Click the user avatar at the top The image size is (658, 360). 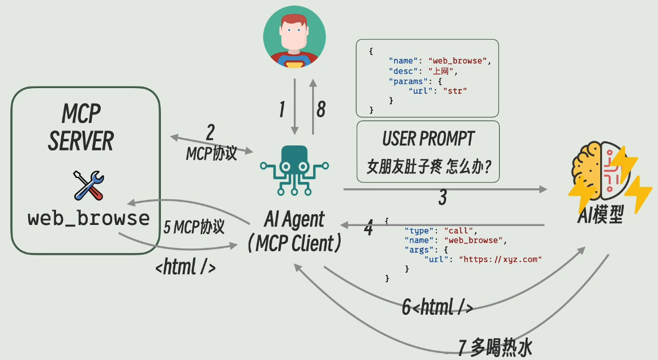[x=294, y=37]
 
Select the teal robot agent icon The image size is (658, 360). [x=294, y=170]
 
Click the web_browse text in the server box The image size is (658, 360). [x=89, y=218]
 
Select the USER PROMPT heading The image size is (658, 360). [x=428, y=139]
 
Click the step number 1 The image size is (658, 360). [x=281, y=109]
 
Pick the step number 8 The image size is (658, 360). [x=321, y=109]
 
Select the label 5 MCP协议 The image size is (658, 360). [x=194, y=227]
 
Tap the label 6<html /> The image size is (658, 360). [x=437, y=307]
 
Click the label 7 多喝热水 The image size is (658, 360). [x=497, y=347]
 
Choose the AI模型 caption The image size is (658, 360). [x=600, y=216]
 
